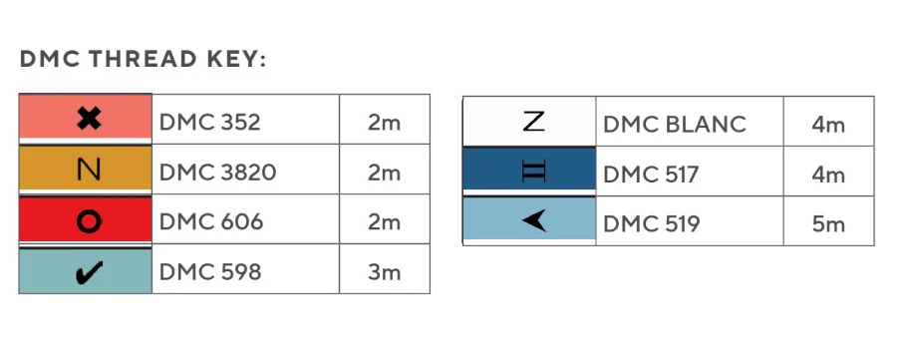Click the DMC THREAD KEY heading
(143, 59)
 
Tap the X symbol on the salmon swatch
(89, 120)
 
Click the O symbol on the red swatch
(89, 220)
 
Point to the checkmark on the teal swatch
(90, 272)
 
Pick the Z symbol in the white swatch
(533, 121)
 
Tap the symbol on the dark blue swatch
(533, 172)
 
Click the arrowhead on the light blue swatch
(534, 220)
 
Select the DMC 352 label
(209, 122)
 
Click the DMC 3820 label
(217, 172)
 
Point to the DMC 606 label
(211, 221)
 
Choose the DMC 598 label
(210, 272)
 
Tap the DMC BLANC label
(675, 124)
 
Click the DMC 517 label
(651, 174)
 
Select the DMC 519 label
(651, 224)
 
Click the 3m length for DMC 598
(384, 272)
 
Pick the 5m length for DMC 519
(828, 224)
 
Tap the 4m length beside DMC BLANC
(828, 124)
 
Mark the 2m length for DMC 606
(384, 221)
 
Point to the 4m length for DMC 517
(828, 174)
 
